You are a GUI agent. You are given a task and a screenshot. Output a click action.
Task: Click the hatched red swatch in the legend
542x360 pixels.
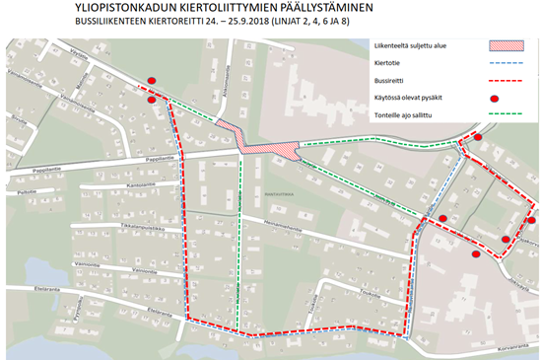507,46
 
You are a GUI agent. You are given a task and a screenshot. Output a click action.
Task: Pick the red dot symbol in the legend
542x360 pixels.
507,99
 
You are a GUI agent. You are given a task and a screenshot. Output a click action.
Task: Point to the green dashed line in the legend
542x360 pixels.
507,116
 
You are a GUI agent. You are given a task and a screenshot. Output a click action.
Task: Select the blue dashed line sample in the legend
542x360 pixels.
507,64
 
